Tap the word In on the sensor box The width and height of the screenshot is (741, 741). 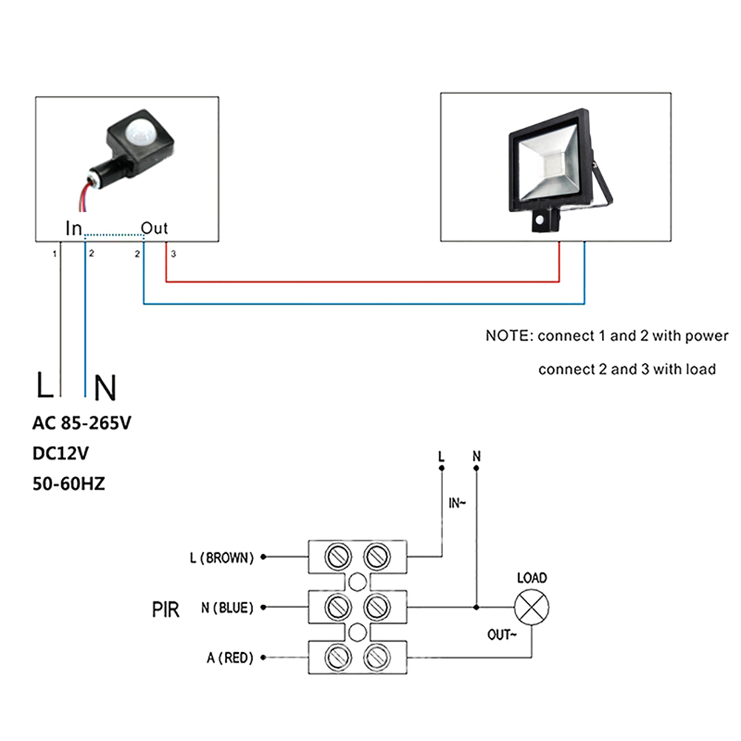74,229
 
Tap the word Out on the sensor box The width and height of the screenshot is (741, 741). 155,228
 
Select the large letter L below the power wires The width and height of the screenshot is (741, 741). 45,386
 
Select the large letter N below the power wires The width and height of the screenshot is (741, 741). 106,388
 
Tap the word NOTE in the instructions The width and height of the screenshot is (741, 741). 507,336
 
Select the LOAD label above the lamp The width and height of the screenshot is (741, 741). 531,578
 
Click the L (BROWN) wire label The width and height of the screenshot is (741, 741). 221,558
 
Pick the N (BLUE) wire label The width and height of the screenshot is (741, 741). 227,608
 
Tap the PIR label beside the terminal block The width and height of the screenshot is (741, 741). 166,610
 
